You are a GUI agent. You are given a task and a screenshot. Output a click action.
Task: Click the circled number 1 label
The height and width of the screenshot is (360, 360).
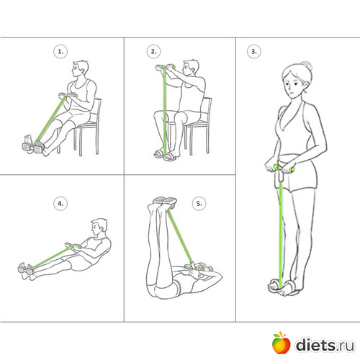pos(60,51)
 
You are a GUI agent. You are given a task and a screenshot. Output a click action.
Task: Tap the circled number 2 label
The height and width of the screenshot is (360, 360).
pos(153,51)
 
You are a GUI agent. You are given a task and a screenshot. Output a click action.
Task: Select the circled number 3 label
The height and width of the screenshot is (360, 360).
pos(254,51)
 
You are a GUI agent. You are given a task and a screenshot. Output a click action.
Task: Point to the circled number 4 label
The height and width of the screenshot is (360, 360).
pos(60,204)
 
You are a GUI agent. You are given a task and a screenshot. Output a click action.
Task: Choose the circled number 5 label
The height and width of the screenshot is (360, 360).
pos(199,204)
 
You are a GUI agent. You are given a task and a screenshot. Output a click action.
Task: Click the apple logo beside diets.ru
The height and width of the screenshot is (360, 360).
pos(281,343)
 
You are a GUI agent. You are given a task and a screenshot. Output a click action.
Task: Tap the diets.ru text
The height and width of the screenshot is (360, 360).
pos(325,345)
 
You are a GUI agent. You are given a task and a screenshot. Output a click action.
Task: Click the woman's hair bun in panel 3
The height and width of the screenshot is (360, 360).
pos(307,66)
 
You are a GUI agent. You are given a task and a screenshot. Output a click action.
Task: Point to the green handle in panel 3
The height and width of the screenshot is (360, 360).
pos(283,168)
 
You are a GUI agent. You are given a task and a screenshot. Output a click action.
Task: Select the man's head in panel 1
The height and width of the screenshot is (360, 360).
pos(81,68)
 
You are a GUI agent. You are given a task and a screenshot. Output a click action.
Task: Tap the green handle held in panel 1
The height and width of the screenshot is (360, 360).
pos(68,95)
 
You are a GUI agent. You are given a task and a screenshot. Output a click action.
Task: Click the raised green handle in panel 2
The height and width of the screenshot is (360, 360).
pos(165,67)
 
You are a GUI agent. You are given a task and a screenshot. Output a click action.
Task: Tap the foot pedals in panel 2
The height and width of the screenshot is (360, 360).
pos(166,155)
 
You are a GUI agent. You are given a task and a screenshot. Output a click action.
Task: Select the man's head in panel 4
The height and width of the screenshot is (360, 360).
pos(99,227)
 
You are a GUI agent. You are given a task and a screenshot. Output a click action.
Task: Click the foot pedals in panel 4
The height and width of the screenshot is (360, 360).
pos(26,269)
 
